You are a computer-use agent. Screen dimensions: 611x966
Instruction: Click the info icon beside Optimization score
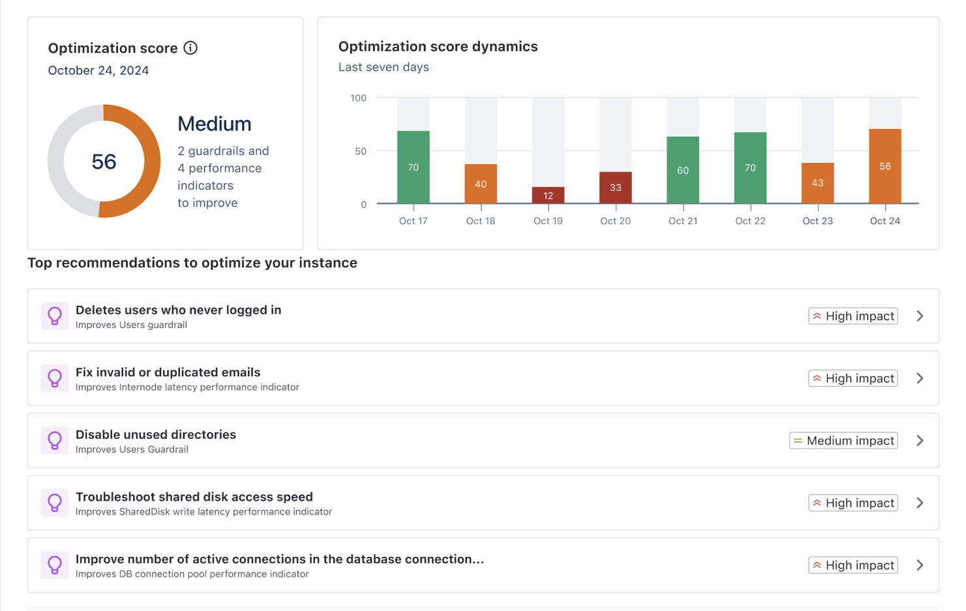pyautogui.click(x=190, y=48)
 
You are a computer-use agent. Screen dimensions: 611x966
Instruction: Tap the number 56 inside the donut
pyautogui.click(x=104, y=162)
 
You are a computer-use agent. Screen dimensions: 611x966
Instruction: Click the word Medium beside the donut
pyautogui.click(x=214, y=124)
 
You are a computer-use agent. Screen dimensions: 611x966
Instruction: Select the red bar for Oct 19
pyautogui.click(x=548, y=195)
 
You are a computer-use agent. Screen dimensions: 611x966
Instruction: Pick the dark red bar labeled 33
pyautogui.click(x=615, y=187)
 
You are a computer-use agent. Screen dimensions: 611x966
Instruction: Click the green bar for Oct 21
pyautogui.click(x=682, y=170)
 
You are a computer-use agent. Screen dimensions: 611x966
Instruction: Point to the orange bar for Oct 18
pyautogui.click(x=481, y=183)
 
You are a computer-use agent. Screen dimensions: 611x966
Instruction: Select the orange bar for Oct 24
pyautogui.click(x=884, y=166)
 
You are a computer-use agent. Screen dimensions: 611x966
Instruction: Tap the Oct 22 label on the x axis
pyautogui.click(x=750, y=221)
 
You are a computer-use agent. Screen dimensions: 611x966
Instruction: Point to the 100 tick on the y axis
pyautogui.click(x=358, y=98)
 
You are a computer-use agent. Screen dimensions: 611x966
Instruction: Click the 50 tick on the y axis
pyautogui.click(x=361, y=151)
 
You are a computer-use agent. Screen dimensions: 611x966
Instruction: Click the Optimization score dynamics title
pyautogui.click(x=438, y=46)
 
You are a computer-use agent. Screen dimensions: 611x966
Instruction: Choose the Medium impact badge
pyautogui.click(x=843, y=441)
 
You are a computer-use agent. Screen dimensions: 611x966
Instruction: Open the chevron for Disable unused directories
pyautogui.click(x=920, y=441)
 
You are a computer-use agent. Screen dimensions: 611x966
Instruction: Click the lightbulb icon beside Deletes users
pyautogui.click(x=55, y=316)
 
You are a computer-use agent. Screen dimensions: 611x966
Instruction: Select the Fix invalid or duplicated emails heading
pyautogui.click(x=168, y=372)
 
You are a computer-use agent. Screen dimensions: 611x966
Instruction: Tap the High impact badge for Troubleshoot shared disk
pyautogui.click(x=853, y=503)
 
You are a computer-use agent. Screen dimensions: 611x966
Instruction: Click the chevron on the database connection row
pyautogui.click(x=920, y=565)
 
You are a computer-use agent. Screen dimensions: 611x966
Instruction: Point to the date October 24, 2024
pyautogui.click(x=98, y=70)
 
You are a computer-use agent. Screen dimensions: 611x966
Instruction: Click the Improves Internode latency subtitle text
pyautogui.click(x=187, y=387)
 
